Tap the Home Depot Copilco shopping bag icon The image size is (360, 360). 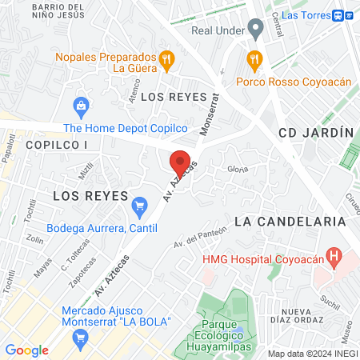coord(80,105)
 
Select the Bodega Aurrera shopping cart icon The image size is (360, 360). coord(139,206)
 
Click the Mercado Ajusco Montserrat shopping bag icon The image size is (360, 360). coord(79,338)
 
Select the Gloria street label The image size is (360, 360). coord(237,169)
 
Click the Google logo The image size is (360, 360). coord(26,350)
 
